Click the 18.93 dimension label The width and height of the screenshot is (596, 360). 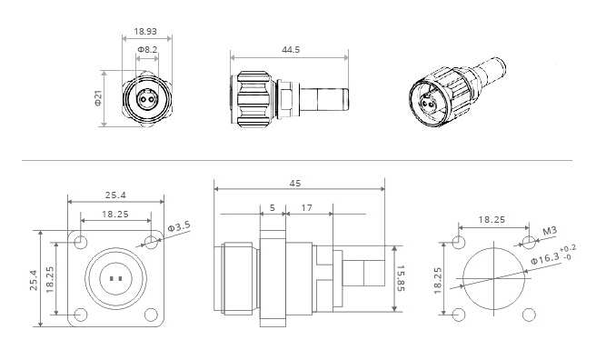click(x=145, y=31)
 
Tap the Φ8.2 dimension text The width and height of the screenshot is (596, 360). click(x=147, y=50)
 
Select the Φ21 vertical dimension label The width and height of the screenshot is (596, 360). click(x=98, y=98)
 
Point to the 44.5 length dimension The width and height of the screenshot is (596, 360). click(x=291, y=50)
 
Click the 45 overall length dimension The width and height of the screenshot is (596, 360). click(x=295, y=184)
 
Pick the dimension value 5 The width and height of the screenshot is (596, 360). click(x=273, y=208)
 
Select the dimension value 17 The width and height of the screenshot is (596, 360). click(x=306, y=208)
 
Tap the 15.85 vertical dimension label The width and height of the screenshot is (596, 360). click(x=401, y=278)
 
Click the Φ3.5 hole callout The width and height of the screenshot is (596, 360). click(x=179, y=227)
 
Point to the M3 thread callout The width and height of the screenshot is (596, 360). click(x=550, y=231)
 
